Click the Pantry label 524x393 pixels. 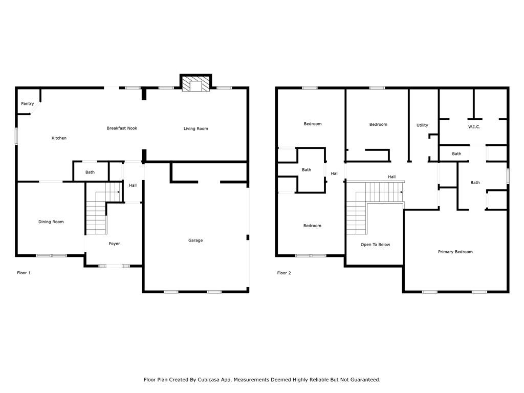coord(28,104)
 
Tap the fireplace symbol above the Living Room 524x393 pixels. coord(195,84)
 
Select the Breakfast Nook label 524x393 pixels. coord(122,128)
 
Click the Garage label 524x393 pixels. coord(195,241)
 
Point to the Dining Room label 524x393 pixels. coord(51,222)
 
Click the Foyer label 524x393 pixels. coord(114,244)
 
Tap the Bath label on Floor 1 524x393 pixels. coord(90,172)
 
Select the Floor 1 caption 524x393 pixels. coord(24,273)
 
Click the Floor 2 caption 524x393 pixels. coord(284,273)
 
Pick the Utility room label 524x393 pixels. coord(422,125)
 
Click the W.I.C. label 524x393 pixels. coord(474,127)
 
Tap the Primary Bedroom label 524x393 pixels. coord(455,252)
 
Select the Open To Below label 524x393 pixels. coord(375,245)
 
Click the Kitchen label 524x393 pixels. coord(59,138)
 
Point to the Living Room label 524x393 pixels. coord(196,129)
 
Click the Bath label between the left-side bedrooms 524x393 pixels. coord(307,170)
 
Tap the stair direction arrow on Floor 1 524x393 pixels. coord(118,192)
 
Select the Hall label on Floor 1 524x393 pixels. coord(133,185)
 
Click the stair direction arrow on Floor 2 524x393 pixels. coord(401,192)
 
